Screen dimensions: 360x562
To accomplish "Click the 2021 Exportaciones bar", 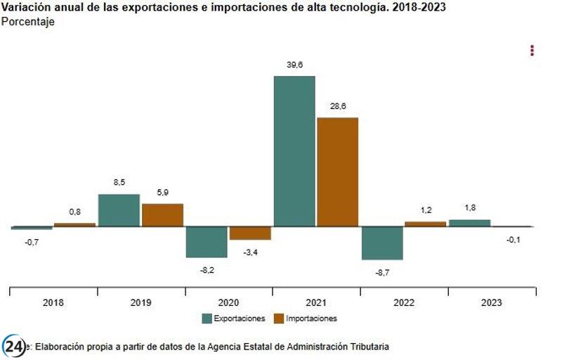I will click(294, 151).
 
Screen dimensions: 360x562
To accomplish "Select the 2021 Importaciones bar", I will click(337, 172).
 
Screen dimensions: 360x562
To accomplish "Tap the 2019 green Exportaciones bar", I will click(119, 210).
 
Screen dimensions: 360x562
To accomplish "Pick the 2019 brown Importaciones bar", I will click(162, 215).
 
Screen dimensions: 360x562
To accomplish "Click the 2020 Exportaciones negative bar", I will click(206, 242).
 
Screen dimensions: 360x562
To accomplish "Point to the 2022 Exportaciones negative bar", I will click(381, 243).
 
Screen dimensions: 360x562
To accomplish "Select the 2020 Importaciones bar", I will click(250, 233).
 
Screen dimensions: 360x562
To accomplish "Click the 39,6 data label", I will click(294, 65).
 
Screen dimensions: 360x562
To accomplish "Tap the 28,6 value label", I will click(337, 107).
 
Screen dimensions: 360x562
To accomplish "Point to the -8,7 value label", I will click(381, 271).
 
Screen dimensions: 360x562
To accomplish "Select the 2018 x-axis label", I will click(53, 303).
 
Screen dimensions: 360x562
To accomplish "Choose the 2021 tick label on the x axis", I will click(315, 303).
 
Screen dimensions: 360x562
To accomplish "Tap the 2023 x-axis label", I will click(491, 303).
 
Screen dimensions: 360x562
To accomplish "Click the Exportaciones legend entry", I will click(234, 319).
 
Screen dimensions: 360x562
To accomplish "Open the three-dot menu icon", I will click(532, 51).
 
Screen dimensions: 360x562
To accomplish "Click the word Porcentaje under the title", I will click(28, 22).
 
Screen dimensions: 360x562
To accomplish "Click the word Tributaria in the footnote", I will click(367, 347).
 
